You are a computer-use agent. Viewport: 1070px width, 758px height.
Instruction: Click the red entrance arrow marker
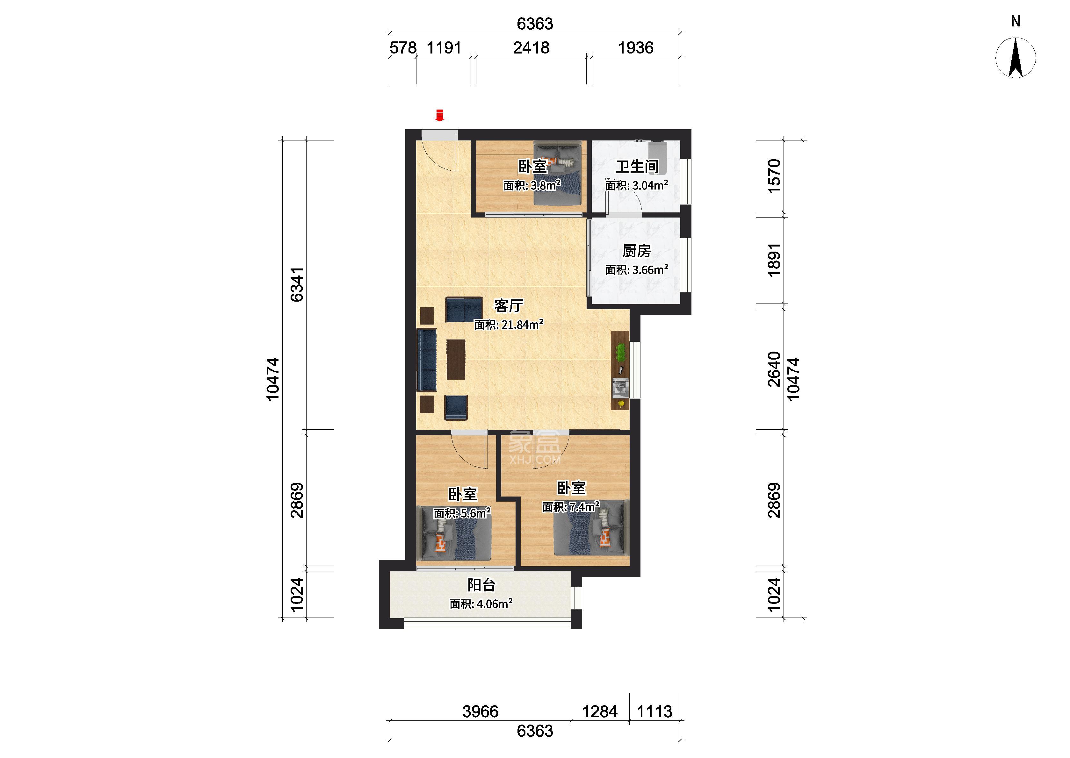[439, 115]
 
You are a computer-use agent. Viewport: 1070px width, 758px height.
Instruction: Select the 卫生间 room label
[637, 166]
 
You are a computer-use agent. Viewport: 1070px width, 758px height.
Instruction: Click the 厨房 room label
[636, 251]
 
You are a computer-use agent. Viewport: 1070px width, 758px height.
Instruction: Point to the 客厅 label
[508, 306]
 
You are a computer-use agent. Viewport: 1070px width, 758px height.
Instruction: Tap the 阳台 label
[481, 585]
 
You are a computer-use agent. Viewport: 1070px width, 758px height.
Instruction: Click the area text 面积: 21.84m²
[508, 325]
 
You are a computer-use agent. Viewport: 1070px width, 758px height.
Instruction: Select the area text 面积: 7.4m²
[570, 506]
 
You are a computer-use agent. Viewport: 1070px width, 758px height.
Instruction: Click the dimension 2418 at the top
[531, 47]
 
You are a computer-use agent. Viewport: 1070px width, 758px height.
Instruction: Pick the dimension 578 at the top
[403, 47]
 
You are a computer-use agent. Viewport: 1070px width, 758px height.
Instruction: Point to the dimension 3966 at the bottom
[481, 711]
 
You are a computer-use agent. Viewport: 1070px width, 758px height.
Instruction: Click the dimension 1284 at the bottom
[600, 711]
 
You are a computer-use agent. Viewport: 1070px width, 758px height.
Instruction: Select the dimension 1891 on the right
[774, 260]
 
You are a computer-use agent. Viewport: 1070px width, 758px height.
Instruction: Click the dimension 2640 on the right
[774, 369]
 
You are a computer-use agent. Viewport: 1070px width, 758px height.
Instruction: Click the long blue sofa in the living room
[427, 360]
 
